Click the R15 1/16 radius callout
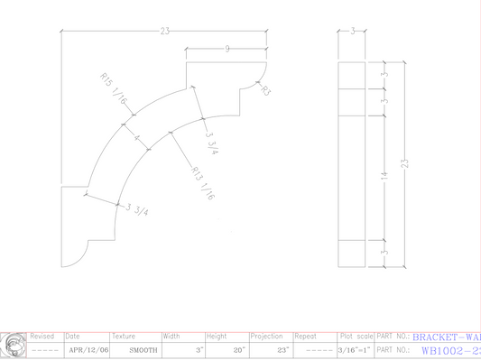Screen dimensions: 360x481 click(113, 91)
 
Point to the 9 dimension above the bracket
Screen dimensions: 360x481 click(227, 48)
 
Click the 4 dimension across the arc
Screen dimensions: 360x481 click(137, 139)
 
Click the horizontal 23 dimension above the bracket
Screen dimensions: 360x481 click(165, 32)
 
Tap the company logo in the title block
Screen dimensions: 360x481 click(13, 344)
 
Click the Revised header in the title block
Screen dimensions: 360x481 click(42, 336)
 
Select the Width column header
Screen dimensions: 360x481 click(171, 336)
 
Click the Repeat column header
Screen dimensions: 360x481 click(307, 336)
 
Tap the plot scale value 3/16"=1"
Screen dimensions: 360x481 click(355, 349)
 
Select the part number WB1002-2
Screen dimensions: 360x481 click(446, 349)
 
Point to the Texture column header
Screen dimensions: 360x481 click(124, 336)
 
